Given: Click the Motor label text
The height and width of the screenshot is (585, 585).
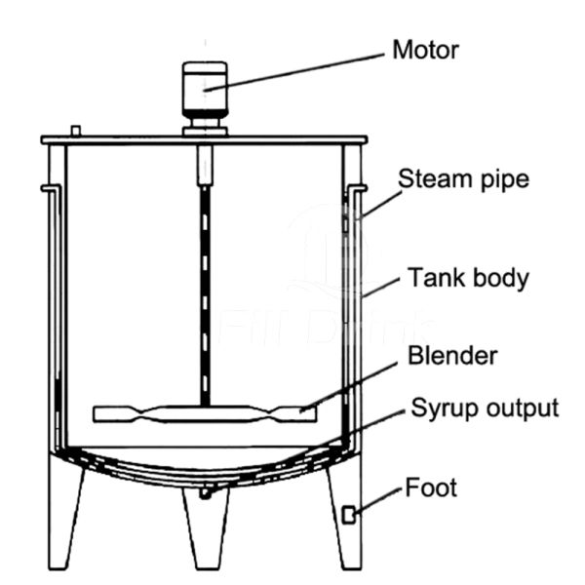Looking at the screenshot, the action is (425, 50).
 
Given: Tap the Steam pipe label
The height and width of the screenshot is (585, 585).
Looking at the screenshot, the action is (463, 179).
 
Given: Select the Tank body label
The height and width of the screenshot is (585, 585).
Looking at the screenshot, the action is (468, 278).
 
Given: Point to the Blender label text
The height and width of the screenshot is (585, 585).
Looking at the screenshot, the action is (452, 355).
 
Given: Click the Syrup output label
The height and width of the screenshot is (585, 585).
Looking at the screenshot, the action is (485, 408).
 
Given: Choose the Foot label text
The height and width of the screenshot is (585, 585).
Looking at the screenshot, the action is (431, 487).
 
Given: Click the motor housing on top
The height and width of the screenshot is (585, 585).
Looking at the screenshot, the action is (205, 90).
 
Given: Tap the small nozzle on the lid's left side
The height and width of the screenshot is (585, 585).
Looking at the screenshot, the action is (76, 131).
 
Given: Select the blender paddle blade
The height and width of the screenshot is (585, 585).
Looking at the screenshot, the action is (205, 414).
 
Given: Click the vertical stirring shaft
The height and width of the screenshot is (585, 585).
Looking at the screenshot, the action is (205, 294).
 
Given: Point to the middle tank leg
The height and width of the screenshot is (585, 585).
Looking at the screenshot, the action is (206, 529).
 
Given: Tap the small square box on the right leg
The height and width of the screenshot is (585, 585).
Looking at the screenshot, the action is (349, 515).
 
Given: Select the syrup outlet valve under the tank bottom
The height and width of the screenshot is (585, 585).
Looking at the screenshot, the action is (205, 492).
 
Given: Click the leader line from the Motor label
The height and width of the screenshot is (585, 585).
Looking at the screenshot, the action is (294, 72).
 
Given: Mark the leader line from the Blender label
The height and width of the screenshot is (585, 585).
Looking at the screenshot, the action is (348, 387).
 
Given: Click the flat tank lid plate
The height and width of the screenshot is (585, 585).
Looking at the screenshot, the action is (204, 140).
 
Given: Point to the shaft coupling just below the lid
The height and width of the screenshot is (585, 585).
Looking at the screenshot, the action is (205, 165).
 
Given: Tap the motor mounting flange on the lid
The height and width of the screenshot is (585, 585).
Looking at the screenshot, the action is (205, 132).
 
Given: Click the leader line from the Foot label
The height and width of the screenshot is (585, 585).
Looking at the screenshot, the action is (378, 501).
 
